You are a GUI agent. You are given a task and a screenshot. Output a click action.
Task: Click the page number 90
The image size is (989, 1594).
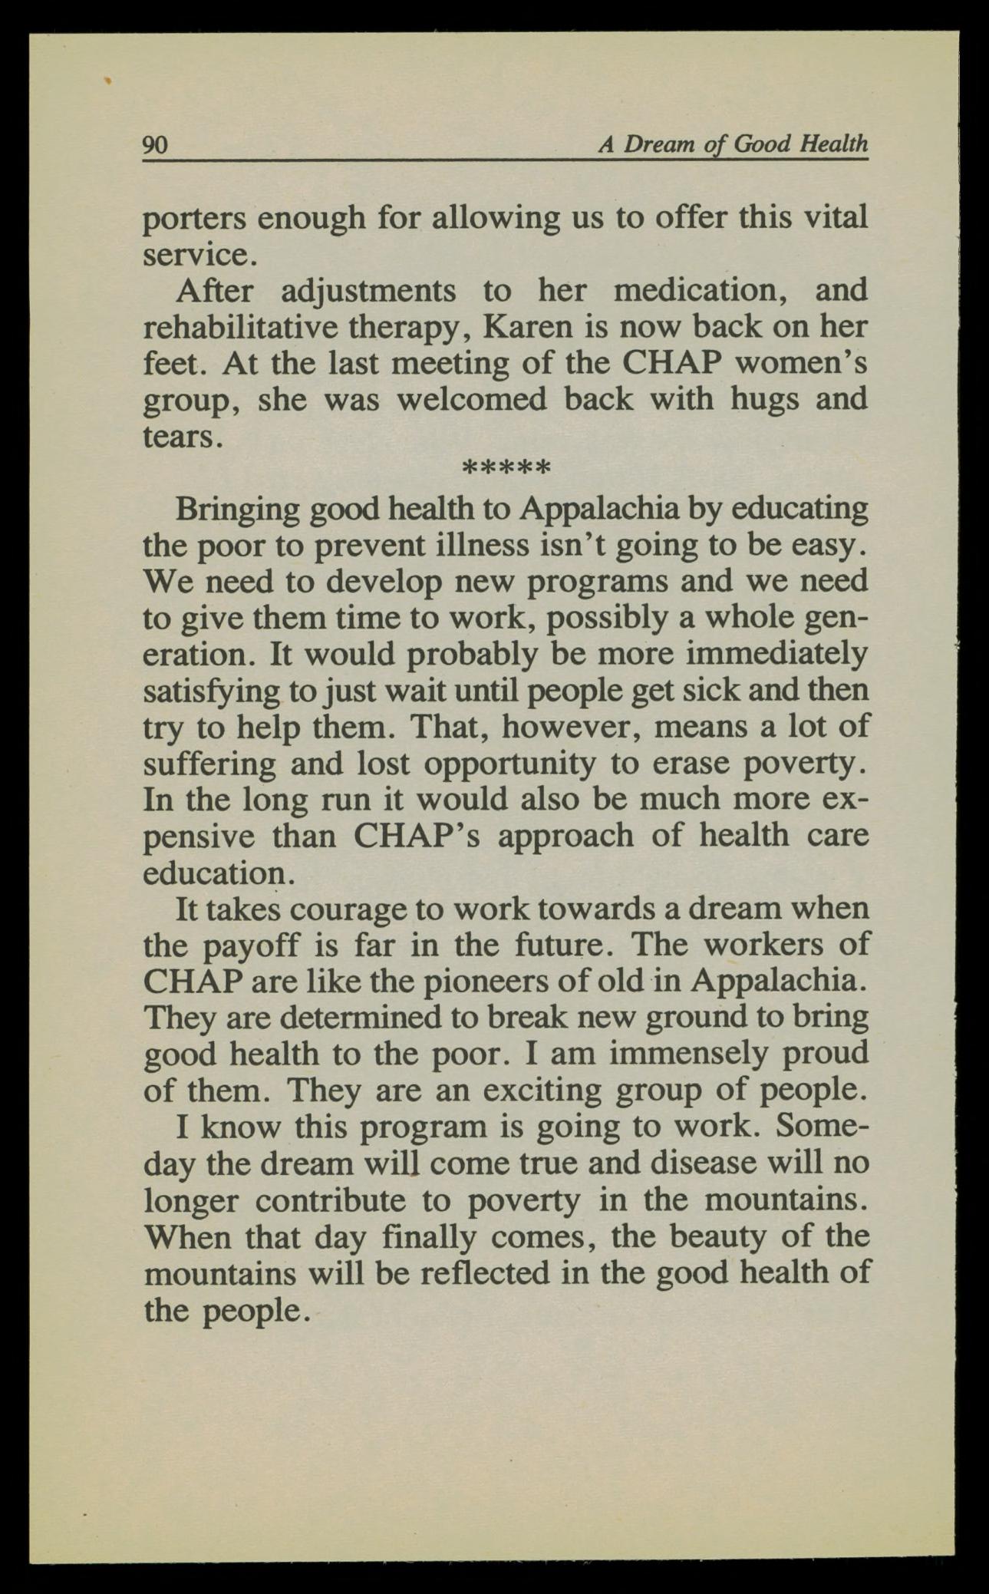click(155, 144)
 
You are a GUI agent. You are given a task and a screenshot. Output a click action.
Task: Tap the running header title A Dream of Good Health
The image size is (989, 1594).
click(733, 144)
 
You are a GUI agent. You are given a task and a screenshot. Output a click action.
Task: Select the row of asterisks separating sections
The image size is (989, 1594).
click(506, 468)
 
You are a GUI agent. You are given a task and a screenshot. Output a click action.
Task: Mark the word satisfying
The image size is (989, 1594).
click(212, 691)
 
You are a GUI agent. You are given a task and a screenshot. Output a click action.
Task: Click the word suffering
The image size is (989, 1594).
click(209, 764)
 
